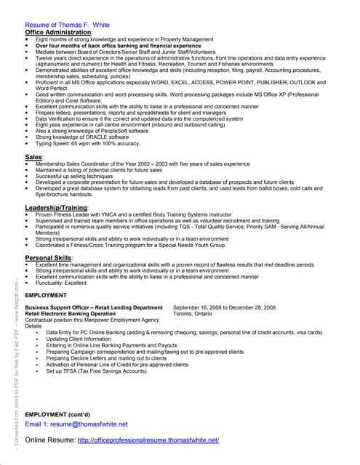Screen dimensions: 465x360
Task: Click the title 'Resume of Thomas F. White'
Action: click(x=67, y=25)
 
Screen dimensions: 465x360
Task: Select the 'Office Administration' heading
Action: click(x=58, y=33)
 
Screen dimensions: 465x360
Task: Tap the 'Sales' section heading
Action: click(x=33, y=157)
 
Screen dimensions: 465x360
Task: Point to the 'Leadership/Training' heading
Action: click(x=57, y=208)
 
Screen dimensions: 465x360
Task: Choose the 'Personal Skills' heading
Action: click(x=49, y=258)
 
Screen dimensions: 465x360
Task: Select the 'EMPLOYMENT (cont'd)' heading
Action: click(x=57, y=413)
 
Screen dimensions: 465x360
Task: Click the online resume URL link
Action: click(x=148, y=440)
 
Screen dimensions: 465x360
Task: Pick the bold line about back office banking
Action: click(x=117, y=45)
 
